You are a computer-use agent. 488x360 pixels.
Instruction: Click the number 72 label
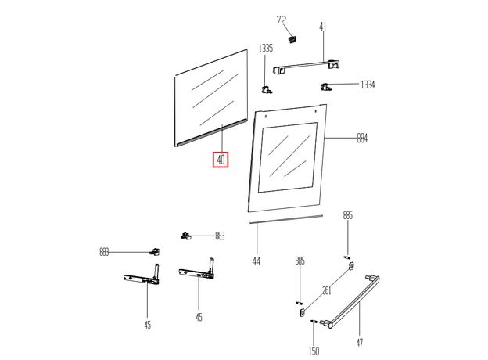click(282, 19)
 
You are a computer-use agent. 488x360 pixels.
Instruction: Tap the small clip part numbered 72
click(293, 37)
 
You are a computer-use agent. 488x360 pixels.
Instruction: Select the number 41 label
click(321, 27)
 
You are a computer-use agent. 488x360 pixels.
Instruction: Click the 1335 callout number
click(266, 49)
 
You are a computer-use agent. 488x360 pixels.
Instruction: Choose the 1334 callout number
click(368, 85)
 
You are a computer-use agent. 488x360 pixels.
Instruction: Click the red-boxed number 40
click(221, 160)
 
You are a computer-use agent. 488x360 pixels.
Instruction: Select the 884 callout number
click(362, 139)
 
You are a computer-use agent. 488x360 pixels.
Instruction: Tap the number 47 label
click(360, 342)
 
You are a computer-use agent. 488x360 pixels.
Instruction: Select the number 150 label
click(314, 351)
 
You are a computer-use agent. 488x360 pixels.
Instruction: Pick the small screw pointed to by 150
click(314, 321)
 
